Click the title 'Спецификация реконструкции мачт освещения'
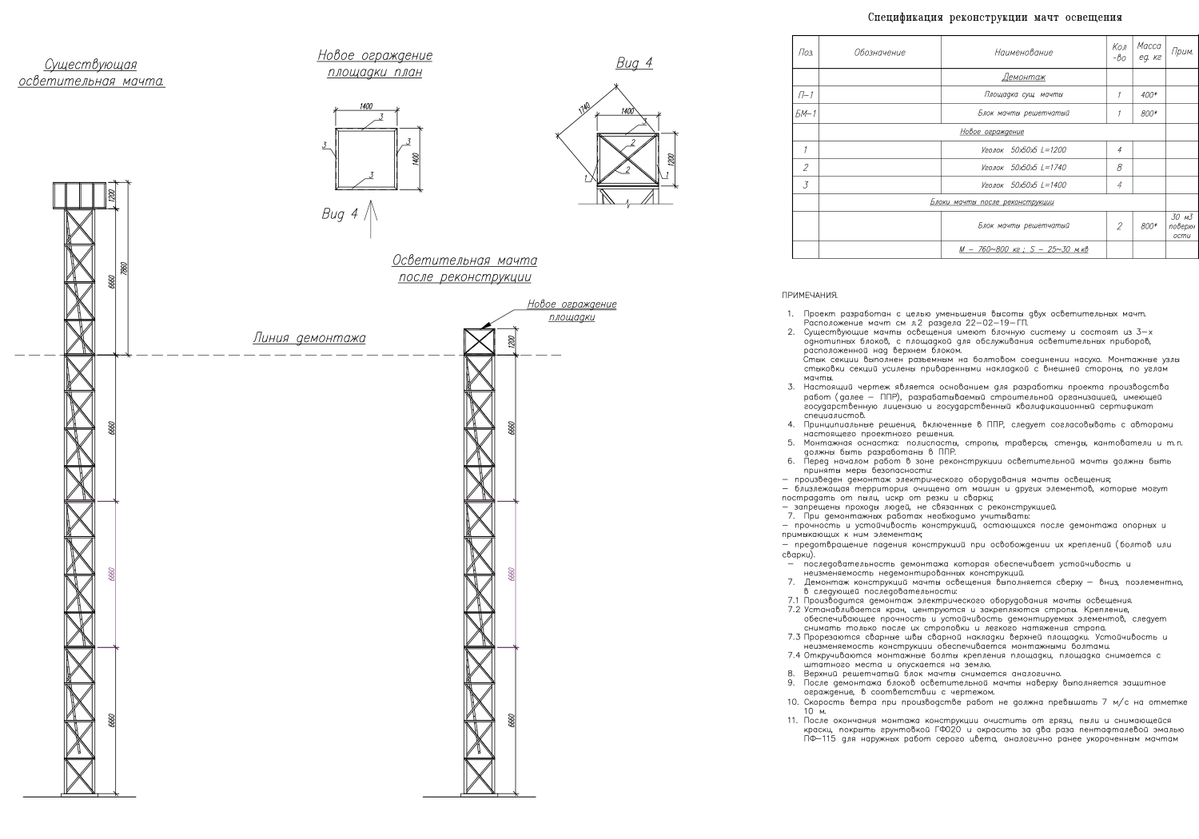pyautogui.click(x=995, y=17)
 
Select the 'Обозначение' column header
pyautogui.click(x=879, y=53)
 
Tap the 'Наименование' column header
pyautogui.click(x=1023, y=53)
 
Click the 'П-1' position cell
pyautogui.click(x=805, y=95)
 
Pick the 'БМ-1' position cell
pyautogui.click(x=805, y=113)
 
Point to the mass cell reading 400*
pyautogui.click(x=1149, y=95)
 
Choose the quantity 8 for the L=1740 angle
pyautogui.click(x=1119, y=168)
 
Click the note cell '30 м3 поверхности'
pyautogui.click(x=1181, y=226)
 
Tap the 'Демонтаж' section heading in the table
pyautogui.click(x=1023, y=78)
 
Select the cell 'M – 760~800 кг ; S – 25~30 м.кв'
pyautogui.click(x=1023, y=250)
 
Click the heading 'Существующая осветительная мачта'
pyautogui.click(x=91, y=73)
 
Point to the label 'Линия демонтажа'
pyautogui.click(x=309, y=338)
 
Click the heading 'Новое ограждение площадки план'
pyautogui.click(x=375, y=64)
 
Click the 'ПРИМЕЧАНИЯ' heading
pyautogui.click(x=810, y=296)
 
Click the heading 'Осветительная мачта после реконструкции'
pyautogui.click(x=464, y=269)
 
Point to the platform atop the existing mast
pyautogui.click(x=80, y=195)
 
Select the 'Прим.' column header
pyautogui.click(x=1181, y=53)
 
